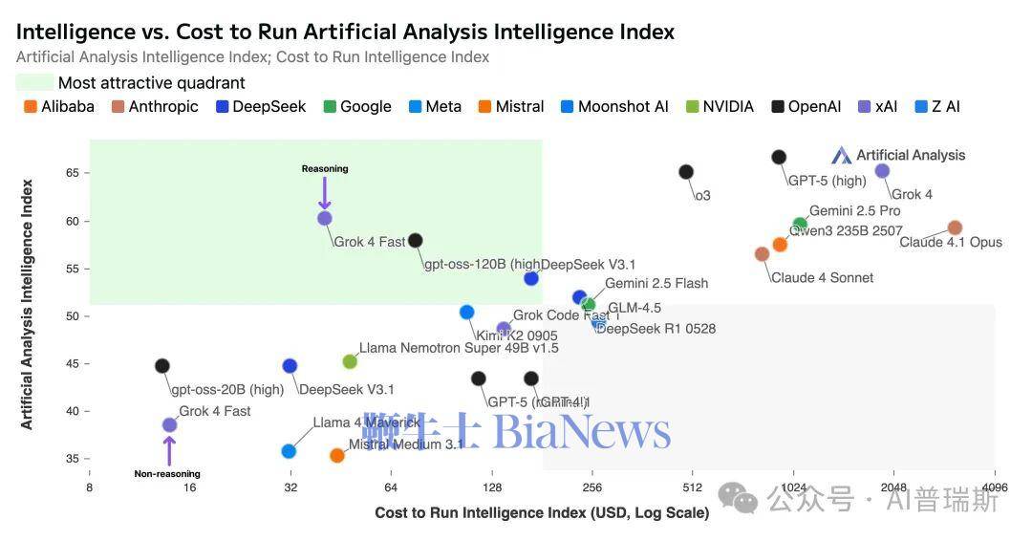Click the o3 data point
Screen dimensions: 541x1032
pos(686,172)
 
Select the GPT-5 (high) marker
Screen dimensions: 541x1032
pos(779,157)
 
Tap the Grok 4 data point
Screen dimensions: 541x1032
pos(882,171)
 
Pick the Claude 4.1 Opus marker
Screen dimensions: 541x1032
pos(955,227)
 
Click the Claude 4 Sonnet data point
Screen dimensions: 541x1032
pos(762,254)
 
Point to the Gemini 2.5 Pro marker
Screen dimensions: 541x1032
pos(800,225)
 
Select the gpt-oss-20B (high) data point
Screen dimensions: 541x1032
pos(162,366)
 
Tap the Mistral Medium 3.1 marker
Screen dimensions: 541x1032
pos(336,456)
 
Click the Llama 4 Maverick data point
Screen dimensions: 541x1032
pos(289,451)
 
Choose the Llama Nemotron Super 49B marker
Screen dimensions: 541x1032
pos(350,361)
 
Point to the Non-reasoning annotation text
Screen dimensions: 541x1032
pos(167,474)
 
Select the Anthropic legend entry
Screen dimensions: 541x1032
pos(155,107)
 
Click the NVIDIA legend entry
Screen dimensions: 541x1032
pos(720,107)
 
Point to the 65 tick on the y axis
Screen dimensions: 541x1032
pos(73,173)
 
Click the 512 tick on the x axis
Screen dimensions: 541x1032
pos(692,487)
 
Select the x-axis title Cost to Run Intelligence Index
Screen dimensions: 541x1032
pos(542,513)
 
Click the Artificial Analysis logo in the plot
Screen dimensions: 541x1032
pos(898,155)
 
